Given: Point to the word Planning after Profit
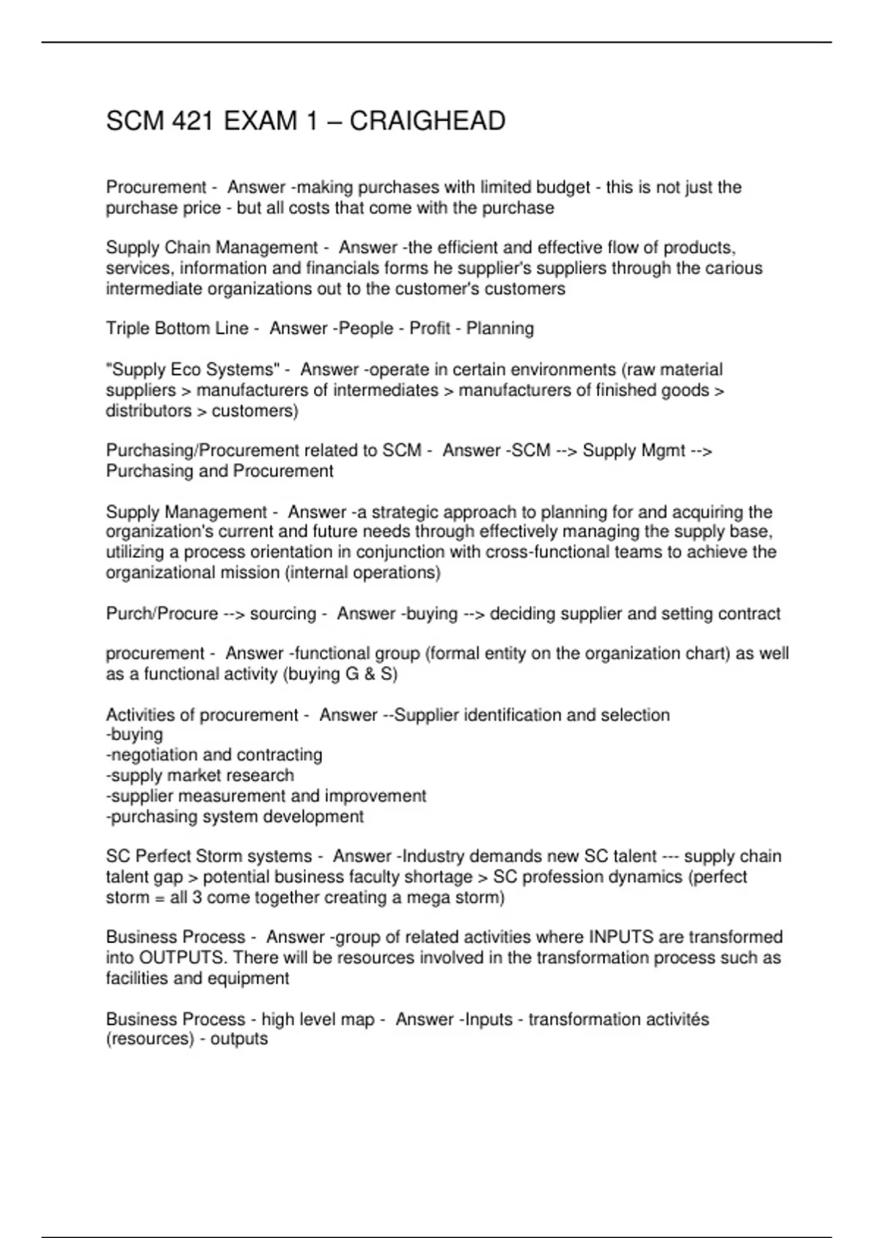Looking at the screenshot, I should (500, 329).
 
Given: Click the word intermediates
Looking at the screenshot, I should (386, 390).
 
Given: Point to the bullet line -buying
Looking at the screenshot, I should (135, 735).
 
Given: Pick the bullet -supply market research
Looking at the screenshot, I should (200, 776).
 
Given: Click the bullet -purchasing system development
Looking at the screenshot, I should (235, 816).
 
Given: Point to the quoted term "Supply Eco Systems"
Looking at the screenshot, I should (193, 370).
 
